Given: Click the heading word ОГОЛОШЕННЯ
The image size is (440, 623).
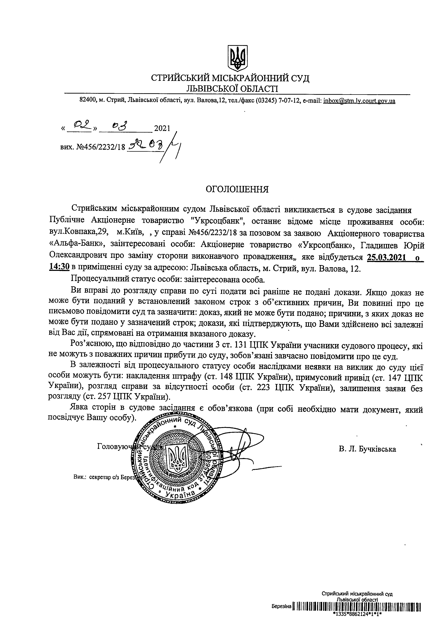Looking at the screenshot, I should click(237, 189).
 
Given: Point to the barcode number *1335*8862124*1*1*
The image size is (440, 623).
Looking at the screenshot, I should click(357, 619).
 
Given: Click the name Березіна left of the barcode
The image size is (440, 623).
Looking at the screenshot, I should click(281, 613).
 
